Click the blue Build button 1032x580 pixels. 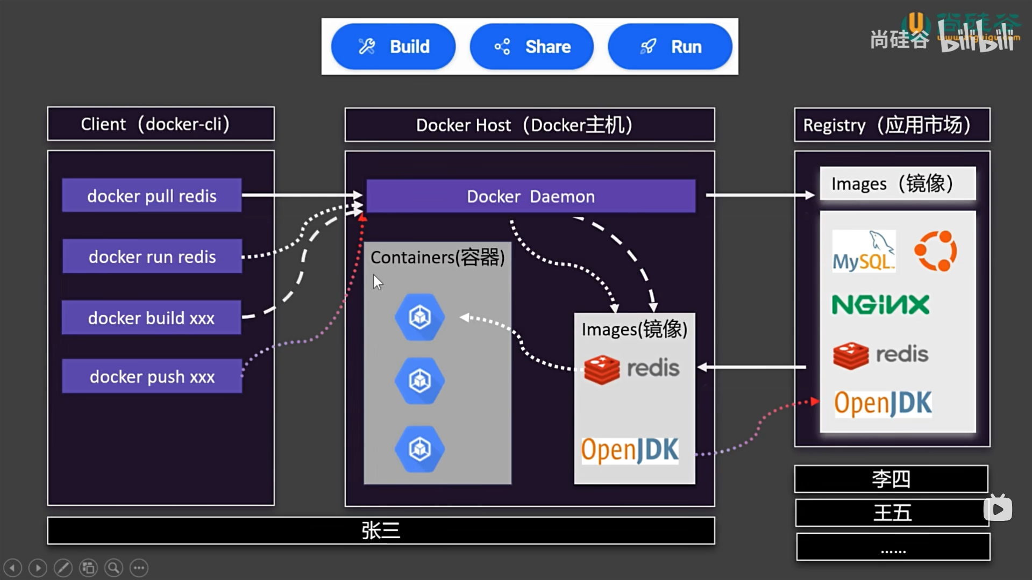(393, 47)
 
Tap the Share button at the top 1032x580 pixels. (531, 47)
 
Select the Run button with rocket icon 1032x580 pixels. (670, 47)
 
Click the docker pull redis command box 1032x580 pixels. (152, 196)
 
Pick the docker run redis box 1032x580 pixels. (152, 256)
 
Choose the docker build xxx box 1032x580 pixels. (151, 318)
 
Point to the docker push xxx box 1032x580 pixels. (152, 376)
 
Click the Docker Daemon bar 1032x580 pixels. (530, 196)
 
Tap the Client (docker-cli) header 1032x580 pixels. (161, 124)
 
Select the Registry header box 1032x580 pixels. (892, 125)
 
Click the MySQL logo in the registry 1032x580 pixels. (863, 252)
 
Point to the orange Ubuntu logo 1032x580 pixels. (936, 251)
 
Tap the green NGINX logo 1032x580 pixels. (880, 305)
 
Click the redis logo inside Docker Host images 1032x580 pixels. (631, 369)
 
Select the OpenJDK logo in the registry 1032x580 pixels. (882, 404)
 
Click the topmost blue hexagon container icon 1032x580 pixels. (419, 317)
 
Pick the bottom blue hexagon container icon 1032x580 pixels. (419, 449)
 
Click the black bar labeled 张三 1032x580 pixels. (381, 531)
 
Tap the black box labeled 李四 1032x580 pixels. (891, 479)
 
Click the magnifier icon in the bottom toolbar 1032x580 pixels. (113, 568)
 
